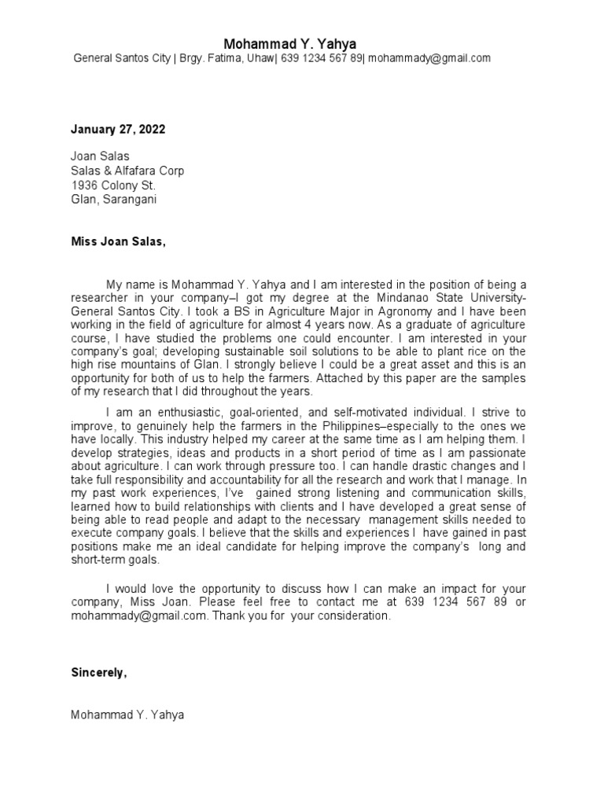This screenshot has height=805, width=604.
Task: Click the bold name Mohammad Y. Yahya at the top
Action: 290,44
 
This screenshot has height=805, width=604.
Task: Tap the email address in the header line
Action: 429,58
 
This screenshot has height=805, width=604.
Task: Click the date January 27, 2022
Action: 118,129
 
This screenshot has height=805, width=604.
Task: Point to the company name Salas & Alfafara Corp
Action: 127,171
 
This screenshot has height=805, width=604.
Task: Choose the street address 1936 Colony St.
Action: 113,185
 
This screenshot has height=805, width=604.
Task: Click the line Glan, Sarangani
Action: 113,199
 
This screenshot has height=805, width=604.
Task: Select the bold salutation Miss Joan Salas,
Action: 119,241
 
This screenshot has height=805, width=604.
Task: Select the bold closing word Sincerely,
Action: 98,673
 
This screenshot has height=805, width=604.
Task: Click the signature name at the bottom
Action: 127,715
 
